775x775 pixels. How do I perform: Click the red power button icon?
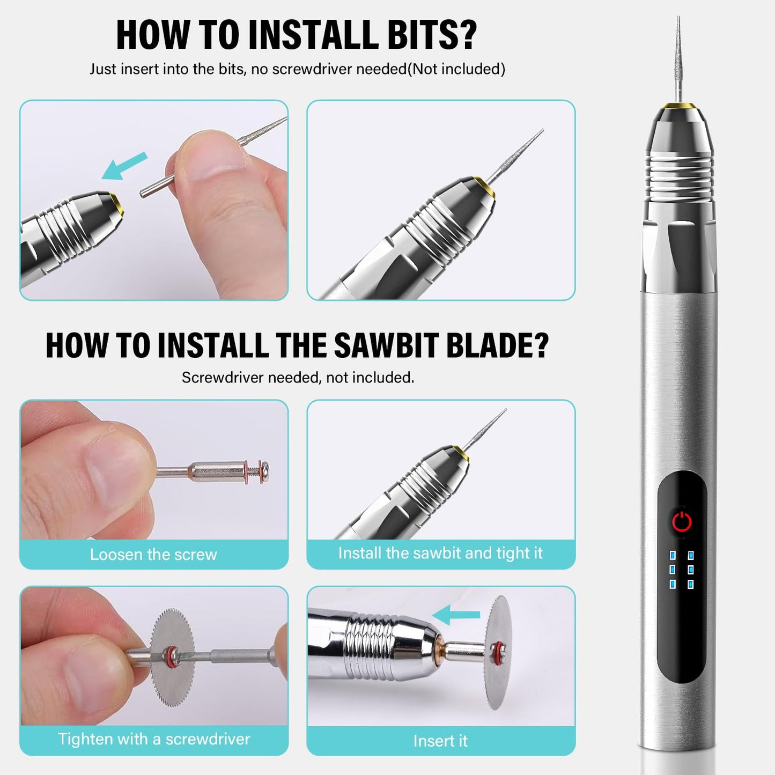coord(682,521)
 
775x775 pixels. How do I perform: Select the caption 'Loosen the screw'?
coord(153,554)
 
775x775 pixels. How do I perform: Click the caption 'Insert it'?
coord(440,741)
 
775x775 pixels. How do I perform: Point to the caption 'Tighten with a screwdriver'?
coord(154,739)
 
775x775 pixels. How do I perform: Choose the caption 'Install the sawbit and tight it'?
coord(440,553)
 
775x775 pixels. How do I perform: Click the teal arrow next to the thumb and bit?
coord(124,166)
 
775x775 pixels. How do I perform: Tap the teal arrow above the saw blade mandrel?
coord(456,615)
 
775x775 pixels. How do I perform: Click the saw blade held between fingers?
coord(172,657)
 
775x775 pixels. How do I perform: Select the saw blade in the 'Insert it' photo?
coord(498,652)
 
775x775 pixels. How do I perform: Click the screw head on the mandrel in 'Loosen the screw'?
coord(264,468)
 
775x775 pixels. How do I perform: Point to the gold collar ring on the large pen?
coord(679,106)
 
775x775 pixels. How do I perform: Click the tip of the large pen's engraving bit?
coord(678,17)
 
